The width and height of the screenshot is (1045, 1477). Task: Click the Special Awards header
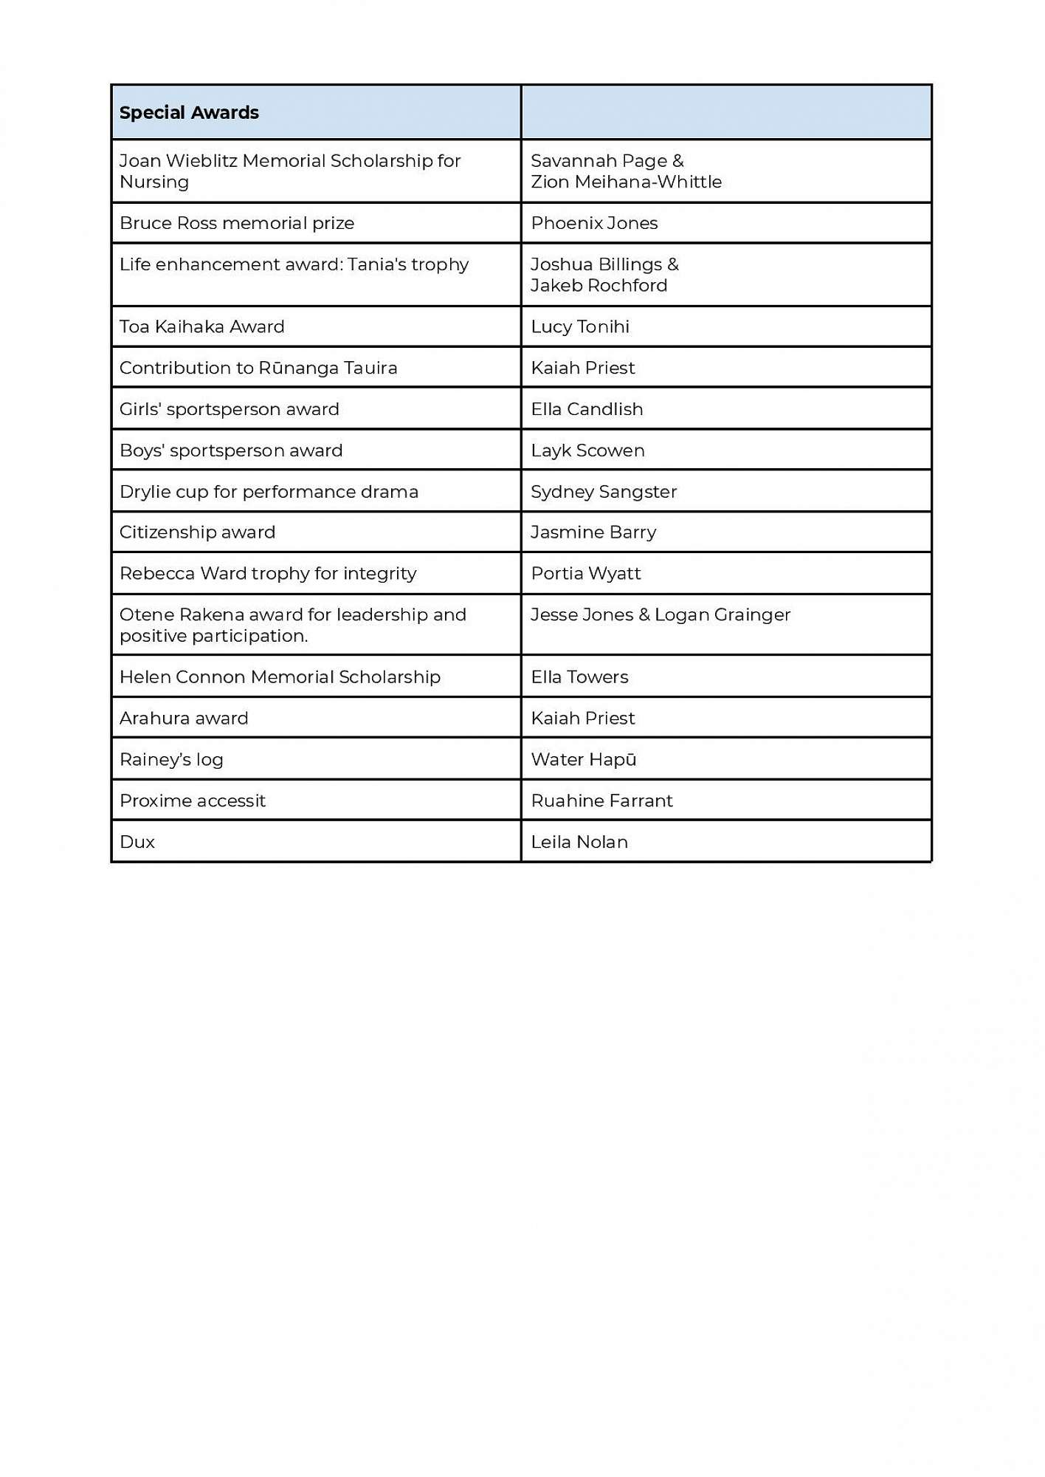[189, 113]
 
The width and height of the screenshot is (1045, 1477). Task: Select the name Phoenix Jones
[594, 223]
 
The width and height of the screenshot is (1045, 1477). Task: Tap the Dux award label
[137, 842]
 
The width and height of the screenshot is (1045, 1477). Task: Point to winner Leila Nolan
[579, 842]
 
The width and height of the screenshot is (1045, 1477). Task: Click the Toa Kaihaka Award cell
[201, 326]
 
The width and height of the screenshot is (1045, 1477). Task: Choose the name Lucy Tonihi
[580, 326]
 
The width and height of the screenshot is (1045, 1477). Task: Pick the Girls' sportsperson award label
[229, 409]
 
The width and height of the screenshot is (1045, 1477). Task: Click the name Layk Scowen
[587, 450]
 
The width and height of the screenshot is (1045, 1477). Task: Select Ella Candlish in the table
[587, 409]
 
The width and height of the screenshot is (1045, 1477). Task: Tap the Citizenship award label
[197, 532]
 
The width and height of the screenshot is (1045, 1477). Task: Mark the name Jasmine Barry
[593, 532]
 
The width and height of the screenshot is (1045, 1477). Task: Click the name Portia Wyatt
[586, 574]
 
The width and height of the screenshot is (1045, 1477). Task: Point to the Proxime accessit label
[192, 801]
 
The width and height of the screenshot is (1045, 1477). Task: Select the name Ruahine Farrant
[601, 801]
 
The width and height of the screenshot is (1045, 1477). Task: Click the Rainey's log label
[171, 759]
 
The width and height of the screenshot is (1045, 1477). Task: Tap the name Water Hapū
[583, 759]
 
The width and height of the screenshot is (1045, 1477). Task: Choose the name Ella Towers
[579, 677]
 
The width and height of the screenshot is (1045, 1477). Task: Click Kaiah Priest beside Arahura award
[583, 718]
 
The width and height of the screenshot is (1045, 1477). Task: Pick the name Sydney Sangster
[604, 492]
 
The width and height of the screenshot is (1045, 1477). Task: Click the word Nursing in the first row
[154, 182]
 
